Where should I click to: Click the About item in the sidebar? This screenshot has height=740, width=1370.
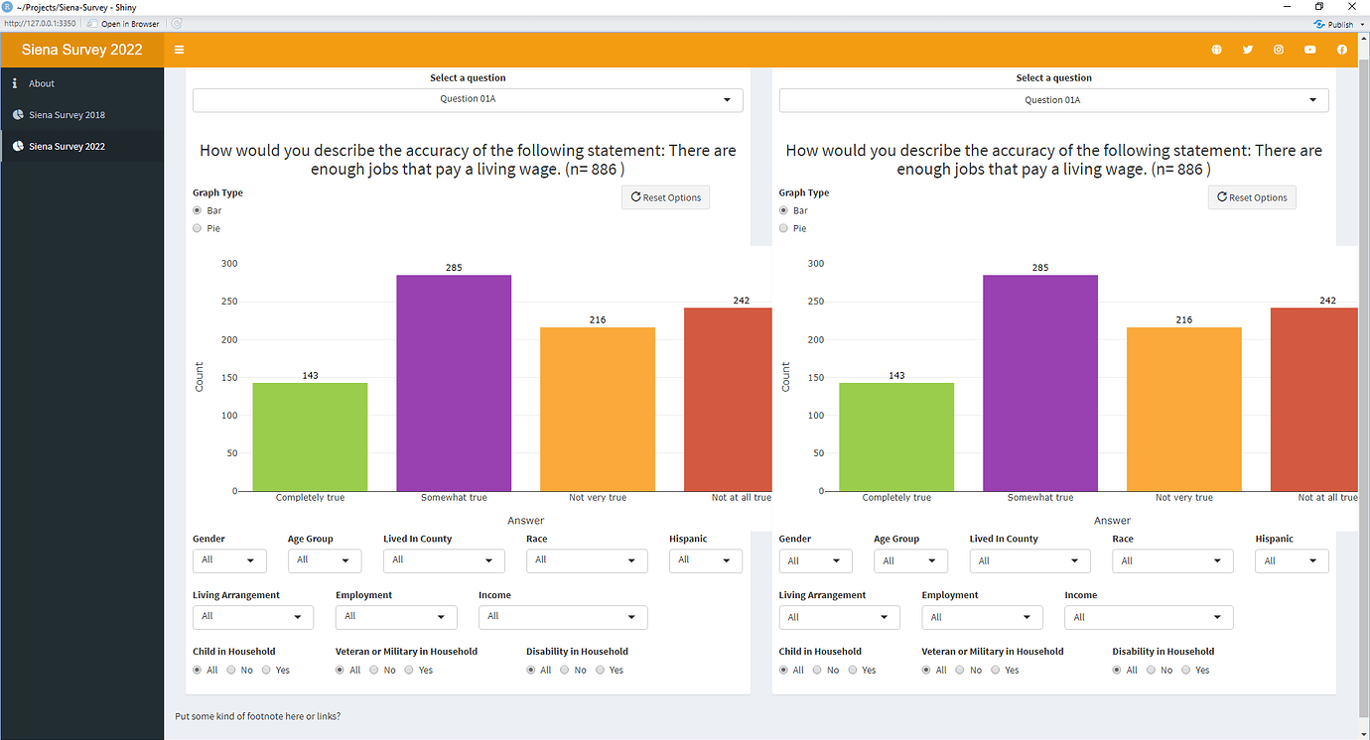point(42,83)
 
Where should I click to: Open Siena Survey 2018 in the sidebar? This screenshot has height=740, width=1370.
point(67,115)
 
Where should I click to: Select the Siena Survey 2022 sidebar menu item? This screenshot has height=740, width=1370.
point(67,146)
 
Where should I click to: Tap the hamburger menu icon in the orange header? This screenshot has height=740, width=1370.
point(179,50)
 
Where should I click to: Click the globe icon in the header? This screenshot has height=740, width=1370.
point(1216,50)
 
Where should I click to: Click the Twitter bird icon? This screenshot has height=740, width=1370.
point(1248,50)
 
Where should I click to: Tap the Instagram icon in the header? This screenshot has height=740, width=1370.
point(1279,50)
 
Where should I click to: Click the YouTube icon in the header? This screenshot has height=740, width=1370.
point(1310,50)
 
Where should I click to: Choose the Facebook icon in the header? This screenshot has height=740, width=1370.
point(1341,50)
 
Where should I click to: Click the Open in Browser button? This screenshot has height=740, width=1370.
point(123,24)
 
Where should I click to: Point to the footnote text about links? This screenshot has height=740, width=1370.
point(257,715)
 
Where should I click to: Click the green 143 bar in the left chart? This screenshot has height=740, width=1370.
point(310,436)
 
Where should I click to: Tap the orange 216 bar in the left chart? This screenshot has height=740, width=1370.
point(598,409)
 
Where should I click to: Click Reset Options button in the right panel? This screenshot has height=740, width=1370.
point(1251,197)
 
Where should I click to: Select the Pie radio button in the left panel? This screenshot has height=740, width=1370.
point(197,228)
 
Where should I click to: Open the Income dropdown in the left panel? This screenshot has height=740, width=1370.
point(563,617)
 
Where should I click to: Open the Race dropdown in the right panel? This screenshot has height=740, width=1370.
point(1172,561)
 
